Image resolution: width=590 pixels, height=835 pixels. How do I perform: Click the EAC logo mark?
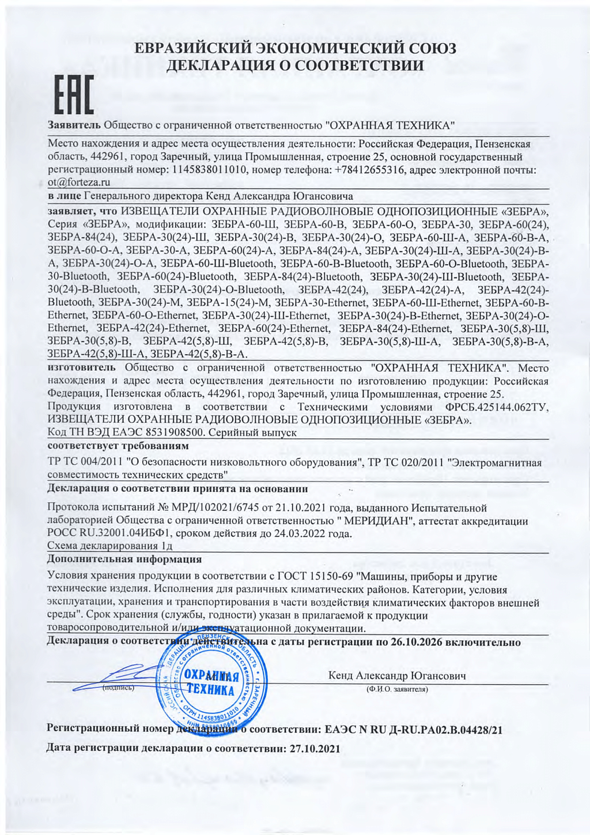(x=74, y=98)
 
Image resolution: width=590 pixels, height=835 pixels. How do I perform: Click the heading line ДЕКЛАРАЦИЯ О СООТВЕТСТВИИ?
(x=294, y=66)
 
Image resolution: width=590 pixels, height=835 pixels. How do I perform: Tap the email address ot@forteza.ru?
(x=79, y=182)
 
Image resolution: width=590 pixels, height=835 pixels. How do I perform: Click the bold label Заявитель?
(x=74, y=125)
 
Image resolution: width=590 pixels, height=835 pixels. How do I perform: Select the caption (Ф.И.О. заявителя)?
(x=397, y=689)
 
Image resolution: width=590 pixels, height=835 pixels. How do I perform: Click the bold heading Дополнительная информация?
(x=124, y=559)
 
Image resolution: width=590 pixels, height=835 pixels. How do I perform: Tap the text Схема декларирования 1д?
(x=110, y=546)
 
